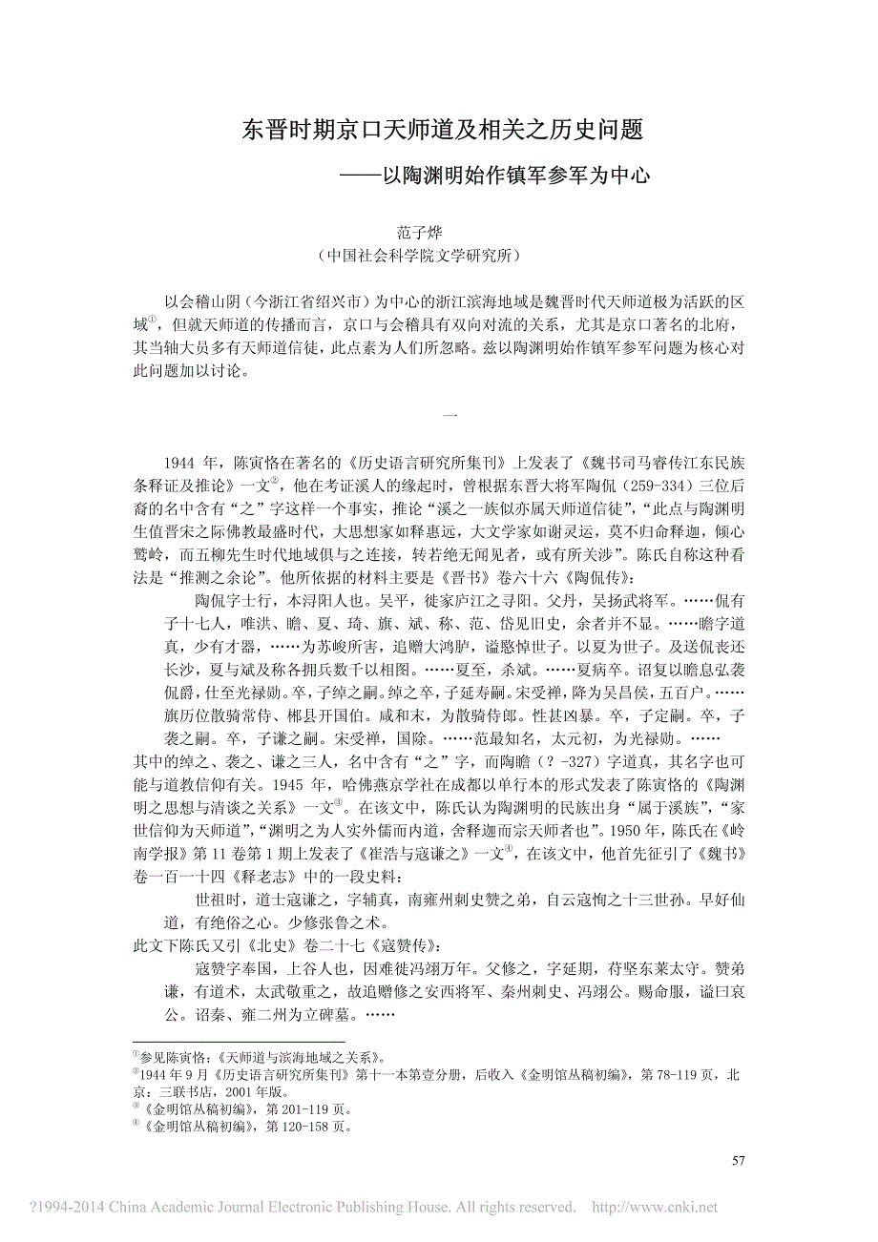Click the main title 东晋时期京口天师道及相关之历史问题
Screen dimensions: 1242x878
pyautogui.click(x=438, y=131)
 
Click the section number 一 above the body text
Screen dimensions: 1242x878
pyautogui.click(x=452, y=414)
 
